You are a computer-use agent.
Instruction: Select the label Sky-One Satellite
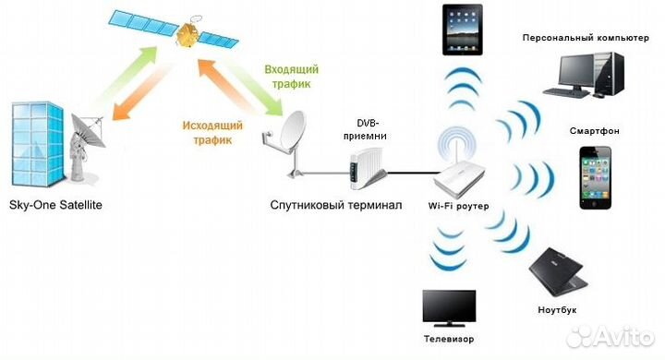[55, 205]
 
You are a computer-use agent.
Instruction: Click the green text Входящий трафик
[292, 77]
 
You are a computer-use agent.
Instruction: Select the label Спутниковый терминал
[336, 205]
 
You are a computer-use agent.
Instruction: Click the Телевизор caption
[448, 340]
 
